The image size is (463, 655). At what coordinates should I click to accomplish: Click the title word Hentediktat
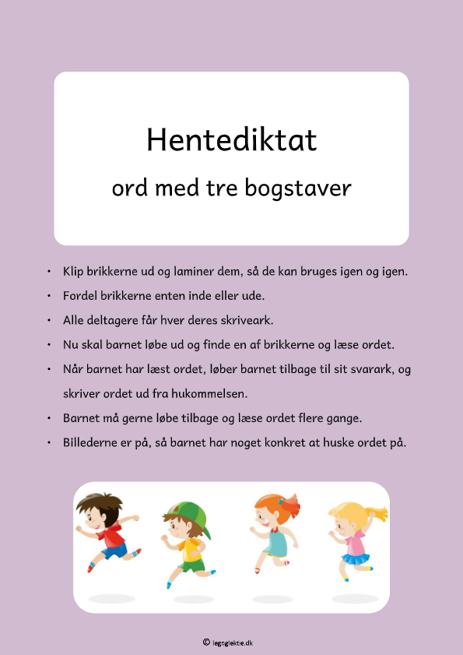231,140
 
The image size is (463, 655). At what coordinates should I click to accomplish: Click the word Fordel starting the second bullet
81,296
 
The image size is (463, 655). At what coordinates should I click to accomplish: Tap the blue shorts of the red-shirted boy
114,551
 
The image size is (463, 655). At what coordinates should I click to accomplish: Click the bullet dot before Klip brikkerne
49,272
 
